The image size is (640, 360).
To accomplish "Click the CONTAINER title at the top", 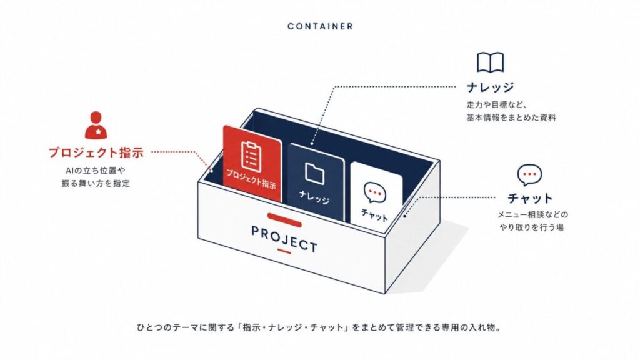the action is tap(320, 26).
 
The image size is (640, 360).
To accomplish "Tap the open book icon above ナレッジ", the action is tap(490, 63).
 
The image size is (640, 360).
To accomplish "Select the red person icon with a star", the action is tap(96, 125).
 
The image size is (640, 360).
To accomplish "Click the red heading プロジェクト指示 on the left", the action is tap(96, 152).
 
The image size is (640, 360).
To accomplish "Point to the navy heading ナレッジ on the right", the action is tap(490, 87).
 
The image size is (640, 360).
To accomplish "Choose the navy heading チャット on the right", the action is tap(530, 198).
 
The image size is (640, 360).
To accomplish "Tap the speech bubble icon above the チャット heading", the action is tap(529, 175).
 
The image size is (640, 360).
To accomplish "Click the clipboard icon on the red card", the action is tap(251, 156).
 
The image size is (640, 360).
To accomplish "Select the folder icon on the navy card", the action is tap(315, 174).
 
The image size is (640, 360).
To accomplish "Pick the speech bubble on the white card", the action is tap(375, 192).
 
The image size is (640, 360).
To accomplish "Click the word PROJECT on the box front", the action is tap(284, 239).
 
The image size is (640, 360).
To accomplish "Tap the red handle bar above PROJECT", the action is tap(284, 220).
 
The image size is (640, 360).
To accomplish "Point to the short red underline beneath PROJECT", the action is tap(284, 251).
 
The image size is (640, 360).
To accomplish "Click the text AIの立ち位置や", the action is tap(96, 171).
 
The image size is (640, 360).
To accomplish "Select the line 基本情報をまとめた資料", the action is tap(511, 117).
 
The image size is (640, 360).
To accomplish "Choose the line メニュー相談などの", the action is tap(532, 214).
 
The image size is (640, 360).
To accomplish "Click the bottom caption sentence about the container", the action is tap(319, 327).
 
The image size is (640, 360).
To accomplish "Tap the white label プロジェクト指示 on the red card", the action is tap(251, 179).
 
